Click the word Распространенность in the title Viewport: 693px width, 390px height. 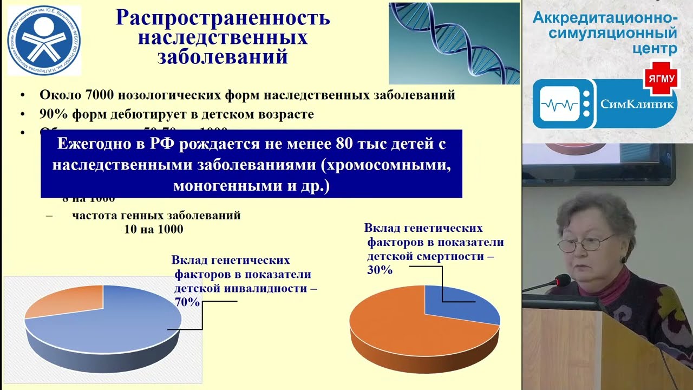(223, 18)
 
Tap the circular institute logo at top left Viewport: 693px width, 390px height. (43, 41)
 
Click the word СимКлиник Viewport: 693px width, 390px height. (637, 103)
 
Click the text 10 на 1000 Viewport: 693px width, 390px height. (154, 229)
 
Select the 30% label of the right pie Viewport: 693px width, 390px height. (380, 270)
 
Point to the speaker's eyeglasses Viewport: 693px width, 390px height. (585, 244)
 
